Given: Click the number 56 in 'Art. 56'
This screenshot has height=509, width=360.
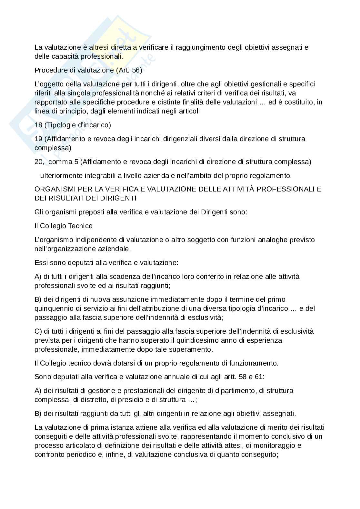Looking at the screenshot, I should [x=137, y=70].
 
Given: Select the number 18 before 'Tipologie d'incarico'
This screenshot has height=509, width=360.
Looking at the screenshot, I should [x=38, y=125].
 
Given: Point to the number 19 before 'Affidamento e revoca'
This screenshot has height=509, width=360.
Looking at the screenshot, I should [x=38, y=139].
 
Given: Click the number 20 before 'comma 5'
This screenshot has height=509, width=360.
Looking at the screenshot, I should [x=39, y=162].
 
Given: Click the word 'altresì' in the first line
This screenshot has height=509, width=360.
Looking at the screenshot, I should [x=98, y=47].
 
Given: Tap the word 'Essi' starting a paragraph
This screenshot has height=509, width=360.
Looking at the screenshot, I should [x=40, y=263].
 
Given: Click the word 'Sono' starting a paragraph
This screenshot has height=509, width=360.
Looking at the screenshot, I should [x=41, y=377].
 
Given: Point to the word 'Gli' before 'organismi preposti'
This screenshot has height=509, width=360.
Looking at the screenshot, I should [x=39, y=212].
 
